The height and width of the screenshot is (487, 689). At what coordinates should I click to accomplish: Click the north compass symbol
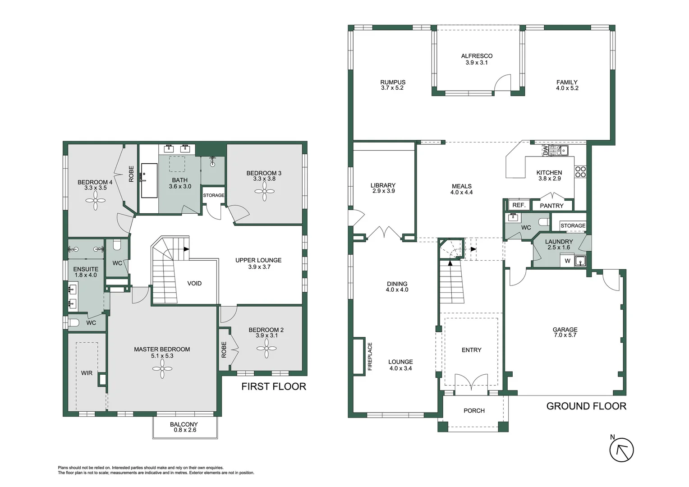(621, 450)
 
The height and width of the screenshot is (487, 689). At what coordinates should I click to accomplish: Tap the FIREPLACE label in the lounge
(370, 356)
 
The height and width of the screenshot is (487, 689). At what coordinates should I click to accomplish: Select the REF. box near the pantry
(519, 205)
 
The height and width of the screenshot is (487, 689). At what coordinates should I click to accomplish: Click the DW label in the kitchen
(546, 150)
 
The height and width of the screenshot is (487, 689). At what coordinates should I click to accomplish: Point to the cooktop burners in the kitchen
(580, 172)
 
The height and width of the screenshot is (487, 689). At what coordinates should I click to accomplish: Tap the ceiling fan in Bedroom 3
(265, 192)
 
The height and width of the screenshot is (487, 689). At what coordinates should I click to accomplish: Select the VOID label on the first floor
(194, 284)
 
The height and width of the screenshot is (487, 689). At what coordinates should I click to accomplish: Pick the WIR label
(87, 373)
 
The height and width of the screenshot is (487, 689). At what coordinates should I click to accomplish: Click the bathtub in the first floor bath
(149, 181)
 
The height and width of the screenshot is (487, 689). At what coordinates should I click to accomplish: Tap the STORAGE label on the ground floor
(573, 225)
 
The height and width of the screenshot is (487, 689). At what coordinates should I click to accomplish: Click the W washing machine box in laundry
(567, 261)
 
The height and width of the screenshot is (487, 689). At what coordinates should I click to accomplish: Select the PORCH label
(474, 411)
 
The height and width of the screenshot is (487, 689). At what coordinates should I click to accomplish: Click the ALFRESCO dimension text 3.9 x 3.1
(477, 63)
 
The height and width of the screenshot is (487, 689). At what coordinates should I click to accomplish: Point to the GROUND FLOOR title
(586, 406)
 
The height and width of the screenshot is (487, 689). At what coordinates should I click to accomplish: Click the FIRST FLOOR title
(273, 386)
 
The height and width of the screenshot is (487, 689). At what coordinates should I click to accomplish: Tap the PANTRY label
(551, 206)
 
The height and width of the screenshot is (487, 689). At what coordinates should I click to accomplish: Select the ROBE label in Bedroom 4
(131, 174)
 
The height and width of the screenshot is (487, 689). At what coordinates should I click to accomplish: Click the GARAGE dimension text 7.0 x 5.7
(565, 335)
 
